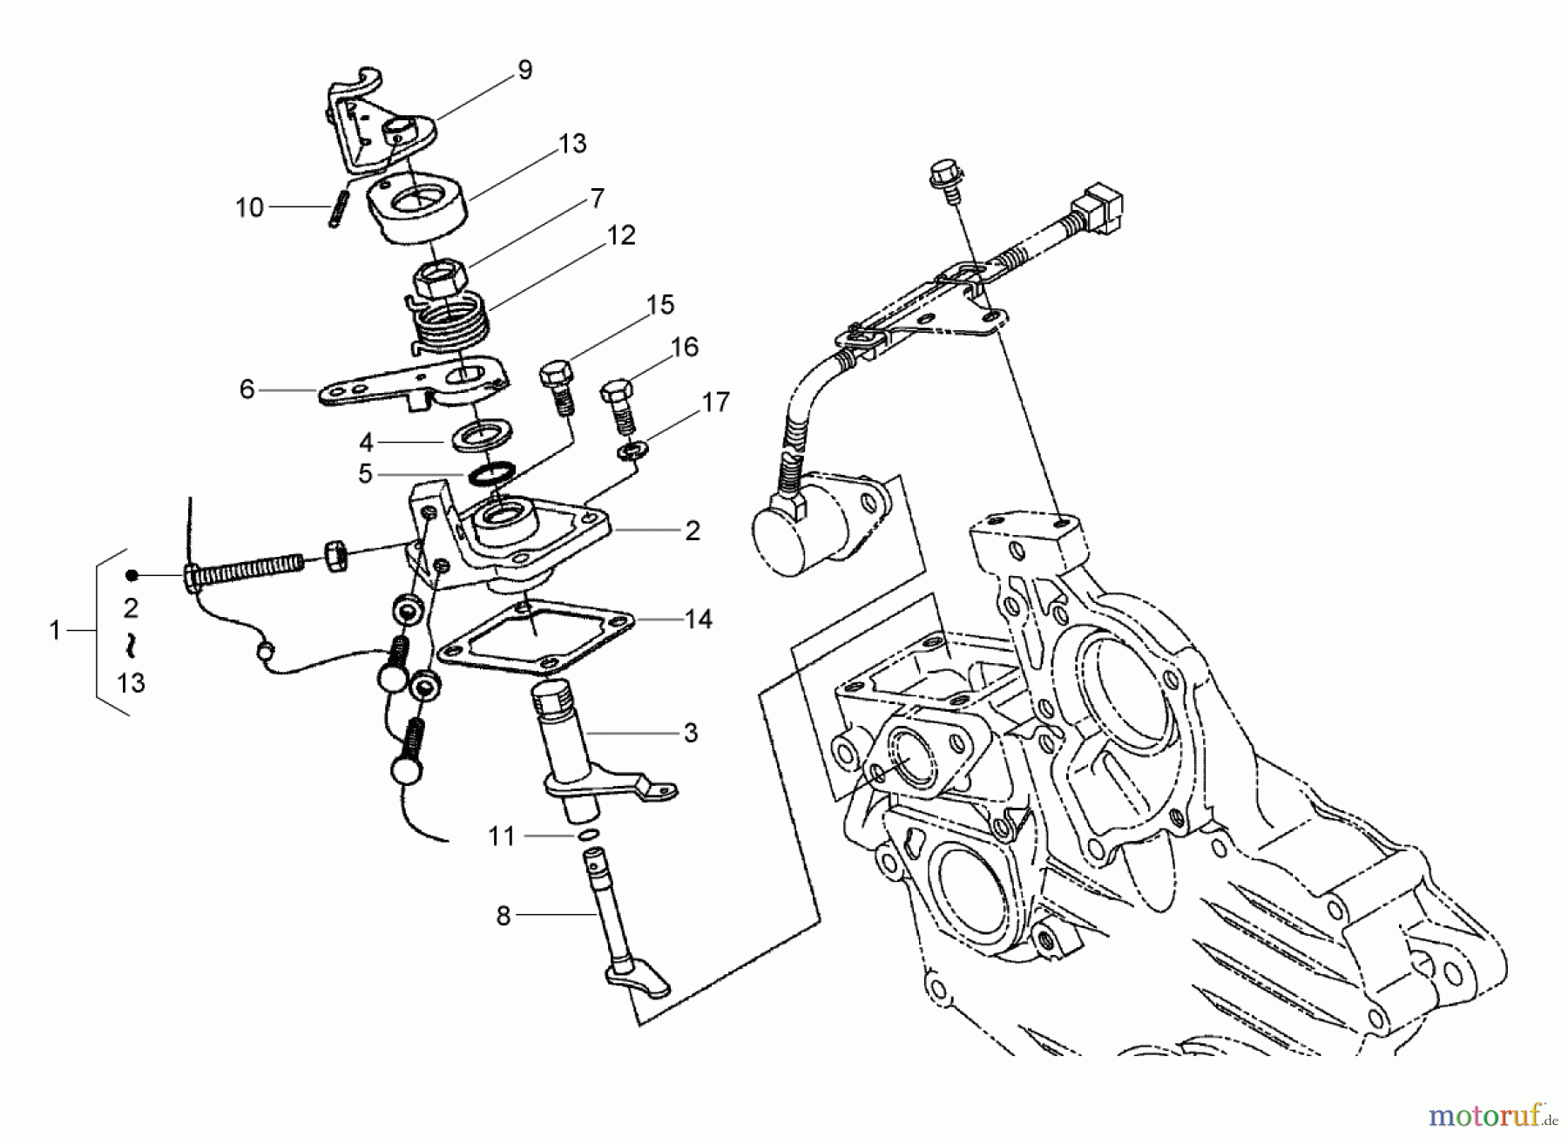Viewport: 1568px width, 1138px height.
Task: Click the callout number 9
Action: pos(524,71)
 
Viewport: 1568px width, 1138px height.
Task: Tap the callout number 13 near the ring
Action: pos(572,144)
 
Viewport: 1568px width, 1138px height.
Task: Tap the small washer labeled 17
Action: pos(625,451)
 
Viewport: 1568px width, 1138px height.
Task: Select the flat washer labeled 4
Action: pos(482,434)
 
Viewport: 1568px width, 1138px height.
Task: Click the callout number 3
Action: pos(690,734)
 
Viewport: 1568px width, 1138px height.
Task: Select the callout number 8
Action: pos(503,917)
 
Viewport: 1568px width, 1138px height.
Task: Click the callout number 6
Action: pos(247,389)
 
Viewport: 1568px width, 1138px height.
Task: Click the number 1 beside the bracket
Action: pos(55,630)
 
